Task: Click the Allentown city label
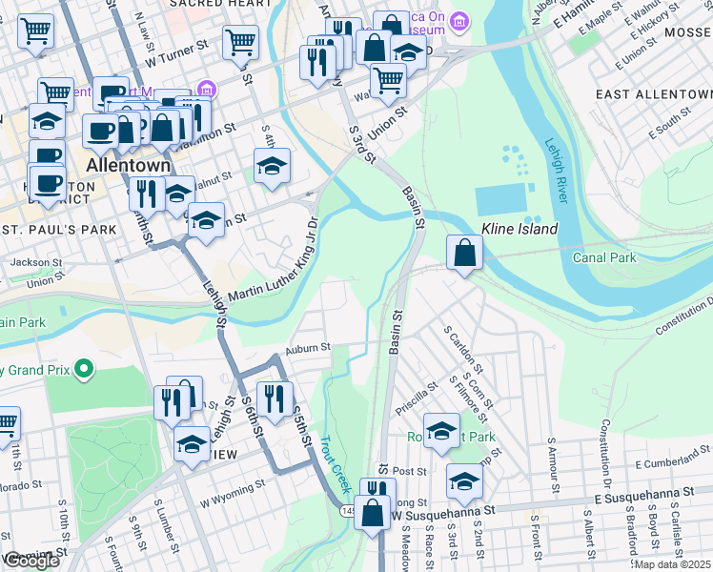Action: [x=128, y=165]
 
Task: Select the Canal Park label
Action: [x=603, y=257]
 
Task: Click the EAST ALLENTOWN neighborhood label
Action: [x=653, y=95]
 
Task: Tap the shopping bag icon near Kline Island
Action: [x=464, y=253]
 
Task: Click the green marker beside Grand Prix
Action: [x=85, y=368]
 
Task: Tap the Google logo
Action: [x=31, y=562]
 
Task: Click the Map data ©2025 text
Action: [x=671, y=564]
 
